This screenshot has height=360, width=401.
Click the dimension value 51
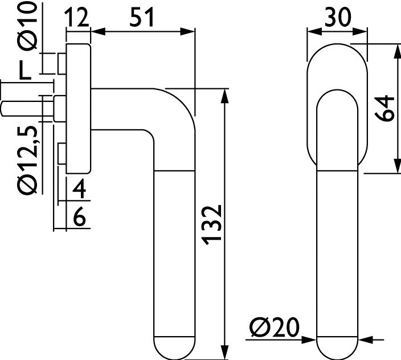click(141, 17)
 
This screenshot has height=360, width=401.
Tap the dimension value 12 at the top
click(77, 17)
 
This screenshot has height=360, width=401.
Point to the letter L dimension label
click(25, 70)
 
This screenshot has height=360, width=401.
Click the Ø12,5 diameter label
click(28, 160)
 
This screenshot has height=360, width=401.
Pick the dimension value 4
click(79, 189)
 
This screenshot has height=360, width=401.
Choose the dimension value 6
click(79, 216)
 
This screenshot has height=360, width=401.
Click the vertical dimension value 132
click(211, 225)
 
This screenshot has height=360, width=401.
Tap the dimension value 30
click(338, 17)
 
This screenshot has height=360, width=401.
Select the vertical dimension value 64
click(384, 108)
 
